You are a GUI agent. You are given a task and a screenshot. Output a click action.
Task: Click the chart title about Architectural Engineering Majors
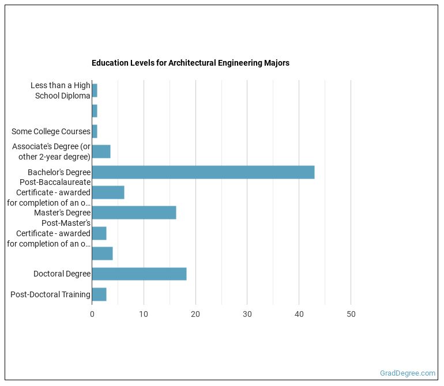(x=190, y=63)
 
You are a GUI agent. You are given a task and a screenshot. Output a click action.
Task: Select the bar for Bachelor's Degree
(x=203, y=172)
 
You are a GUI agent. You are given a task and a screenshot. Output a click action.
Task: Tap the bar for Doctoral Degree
(x=139, y=274)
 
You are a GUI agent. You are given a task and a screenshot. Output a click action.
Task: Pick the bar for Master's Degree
(x=134, y=213)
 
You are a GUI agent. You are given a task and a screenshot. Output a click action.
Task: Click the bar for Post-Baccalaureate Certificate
(x=108, y=192)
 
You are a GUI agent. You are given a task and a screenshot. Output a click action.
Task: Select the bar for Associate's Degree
(x=101, y=152)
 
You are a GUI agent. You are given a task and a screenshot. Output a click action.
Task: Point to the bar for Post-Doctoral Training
(x=99, y=294)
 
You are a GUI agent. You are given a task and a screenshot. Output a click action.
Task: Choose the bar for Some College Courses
(x=95, y=131)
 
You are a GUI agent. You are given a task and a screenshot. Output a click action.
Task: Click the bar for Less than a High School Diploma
(x=95, y=90)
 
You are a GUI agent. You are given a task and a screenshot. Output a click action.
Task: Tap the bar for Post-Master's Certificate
(x=99, y=233)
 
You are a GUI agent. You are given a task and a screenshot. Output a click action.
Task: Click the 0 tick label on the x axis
(x=92, y=315)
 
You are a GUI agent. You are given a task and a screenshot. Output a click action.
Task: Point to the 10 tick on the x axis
(x=144, y=315)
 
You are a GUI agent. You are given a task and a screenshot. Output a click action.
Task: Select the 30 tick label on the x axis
(x=247, y=315)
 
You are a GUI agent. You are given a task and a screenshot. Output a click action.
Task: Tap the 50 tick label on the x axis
(x=351, y=315)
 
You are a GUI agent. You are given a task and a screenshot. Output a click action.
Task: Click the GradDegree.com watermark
(x=408, y=373)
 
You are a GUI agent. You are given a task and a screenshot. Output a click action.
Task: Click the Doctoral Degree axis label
(x=62, y=274)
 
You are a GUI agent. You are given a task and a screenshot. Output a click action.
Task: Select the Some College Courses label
(x=51, y=131)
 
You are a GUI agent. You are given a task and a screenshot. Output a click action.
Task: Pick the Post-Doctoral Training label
(x=50, y=294)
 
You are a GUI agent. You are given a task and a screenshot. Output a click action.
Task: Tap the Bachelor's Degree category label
(x=59, y=172)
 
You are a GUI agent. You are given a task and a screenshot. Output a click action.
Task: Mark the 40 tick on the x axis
(x=299, y=315)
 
